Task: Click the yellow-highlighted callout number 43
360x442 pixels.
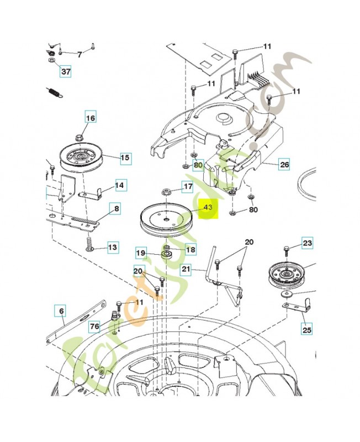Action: point(208,208)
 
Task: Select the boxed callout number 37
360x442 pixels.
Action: point(66,72)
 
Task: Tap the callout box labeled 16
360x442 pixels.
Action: point(90,118)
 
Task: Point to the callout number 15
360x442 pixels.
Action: point(125,158)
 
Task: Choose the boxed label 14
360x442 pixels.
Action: point(120,185)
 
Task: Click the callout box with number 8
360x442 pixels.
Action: point(115,209)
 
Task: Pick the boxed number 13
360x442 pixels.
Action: point(112,248)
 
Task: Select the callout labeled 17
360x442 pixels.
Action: point(188,187)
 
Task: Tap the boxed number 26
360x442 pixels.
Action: point(284,165)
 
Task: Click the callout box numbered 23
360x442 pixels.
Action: point(307,243)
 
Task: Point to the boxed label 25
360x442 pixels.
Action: point(306,330)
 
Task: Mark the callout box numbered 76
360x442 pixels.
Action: point(95,327)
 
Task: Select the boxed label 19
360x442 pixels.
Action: point(141,253)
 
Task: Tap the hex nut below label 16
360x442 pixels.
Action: point(78,137)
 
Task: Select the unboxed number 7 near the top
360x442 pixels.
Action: point(79,54)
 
